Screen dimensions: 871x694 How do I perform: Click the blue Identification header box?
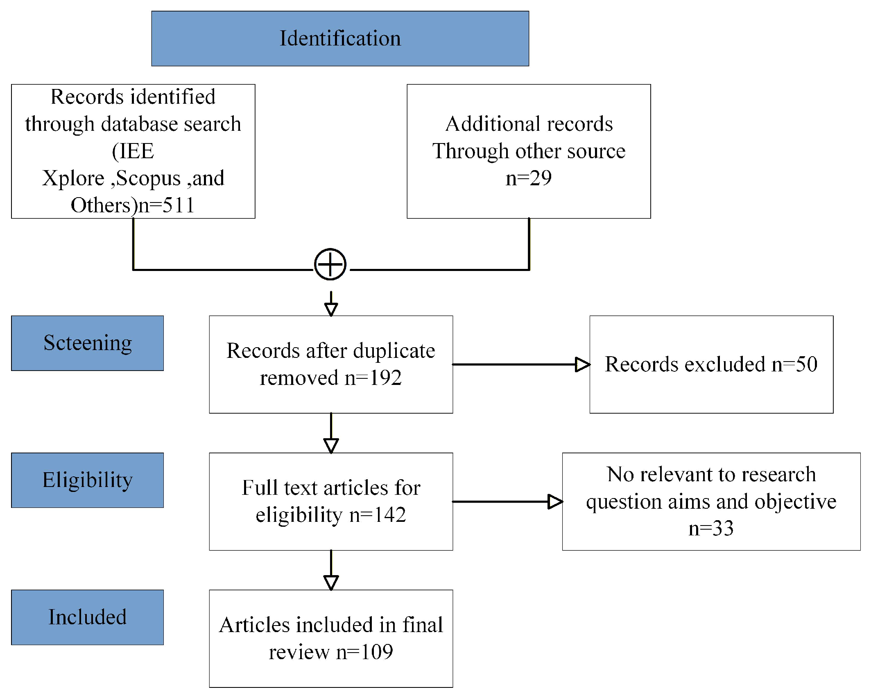340,39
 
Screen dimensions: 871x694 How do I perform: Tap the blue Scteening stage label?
87,343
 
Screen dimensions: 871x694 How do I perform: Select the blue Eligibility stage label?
87,480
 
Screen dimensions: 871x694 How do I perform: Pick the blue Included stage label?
87,617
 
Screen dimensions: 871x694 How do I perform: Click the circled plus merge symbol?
330,264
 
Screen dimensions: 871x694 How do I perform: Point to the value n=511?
166,205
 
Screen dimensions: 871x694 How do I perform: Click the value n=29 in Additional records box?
529,178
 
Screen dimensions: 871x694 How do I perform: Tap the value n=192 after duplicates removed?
373,378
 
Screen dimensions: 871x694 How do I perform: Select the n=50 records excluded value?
794,364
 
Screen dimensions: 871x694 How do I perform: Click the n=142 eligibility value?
378,515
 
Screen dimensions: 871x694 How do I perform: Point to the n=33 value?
711,528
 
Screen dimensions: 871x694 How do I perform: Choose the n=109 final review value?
364,652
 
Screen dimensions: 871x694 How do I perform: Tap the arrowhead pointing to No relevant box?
555,501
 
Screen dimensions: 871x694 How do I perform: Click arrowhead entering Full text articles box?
331,446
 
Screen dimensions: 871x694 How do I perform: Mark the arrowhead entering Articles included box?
331,583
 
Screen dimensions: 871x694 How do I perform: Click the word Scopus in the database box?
148,179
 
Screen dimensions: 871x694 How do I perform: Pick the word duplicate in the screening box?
394,351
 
